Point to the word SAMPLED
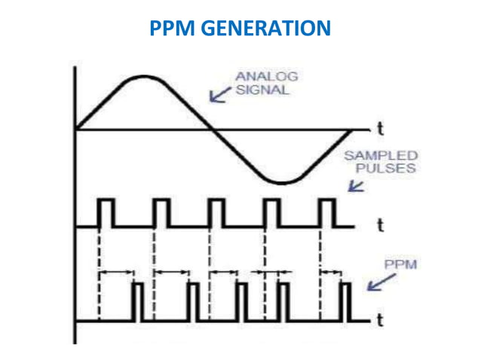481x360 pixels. click(x=380, y=156)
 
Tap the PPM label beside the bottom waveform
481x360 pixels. click(x=400, y=266)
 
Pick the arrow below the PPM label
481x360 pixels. click(x=378, y=284)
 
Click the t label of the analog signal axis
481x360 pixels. click(x=380, y=129)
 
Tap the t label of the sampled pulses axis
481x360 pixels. click(x=380, y=224)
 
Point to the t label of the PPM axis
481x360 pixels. click(x=380, y=321)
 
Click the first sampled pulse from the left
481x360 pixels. click(x=106, y=212)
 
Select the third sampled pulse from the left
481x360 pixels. click(x=216, y=212)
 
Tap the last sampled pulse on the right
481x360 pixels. click(x=327, y=212)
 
